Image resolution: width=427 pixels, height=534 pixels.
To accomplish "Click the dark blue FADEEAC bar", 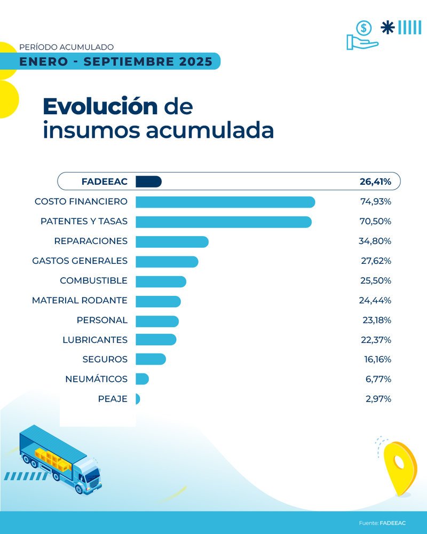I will click(148, 182).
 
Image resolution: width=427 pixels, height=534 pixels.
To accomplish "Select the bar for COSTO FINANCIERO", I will click(225, 202).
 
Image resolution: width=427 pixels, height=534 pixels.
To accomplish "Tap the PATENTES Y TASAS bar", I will click(223, 222).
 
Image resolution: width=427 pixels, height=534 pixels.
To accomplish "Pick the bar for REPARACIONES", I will click(172, 241).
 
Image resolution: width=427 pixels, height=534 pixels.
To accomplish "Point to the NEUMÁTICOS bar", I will click(142, 379).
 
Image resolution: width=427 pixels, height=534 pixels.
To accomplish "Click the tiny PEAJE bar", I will click(138, 399).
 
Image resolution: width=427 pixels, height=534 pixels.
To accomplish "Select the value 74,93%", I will click(376, 202).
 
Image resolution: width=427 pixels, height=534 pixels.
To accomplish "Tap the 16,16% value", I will click(377, 359).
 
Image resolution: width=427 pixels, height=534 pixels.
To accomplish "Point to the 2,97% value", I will click(378, 399).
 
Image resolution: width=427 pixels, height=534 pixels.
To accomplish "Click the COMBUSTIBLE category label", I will click(93, 281).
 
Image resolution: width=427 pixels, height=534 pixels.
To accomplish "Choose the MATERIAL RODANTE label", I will click(80, 301).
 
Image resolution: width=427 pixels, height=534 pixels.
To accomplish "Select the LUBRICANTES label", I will click(95, 340).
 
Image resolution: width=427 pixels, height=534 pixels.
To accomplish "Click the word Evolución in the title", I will click(100, 107).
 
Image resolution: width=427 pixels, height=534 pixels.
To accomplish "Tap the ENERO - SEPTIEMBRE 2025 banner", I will click(116, 61).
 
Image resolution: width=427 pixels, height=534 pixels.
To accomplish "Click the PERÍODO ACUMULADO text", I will click(66, 48).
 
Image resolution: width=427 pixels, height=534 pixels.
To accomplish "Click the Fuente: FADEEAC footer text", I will click(382, 523).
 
